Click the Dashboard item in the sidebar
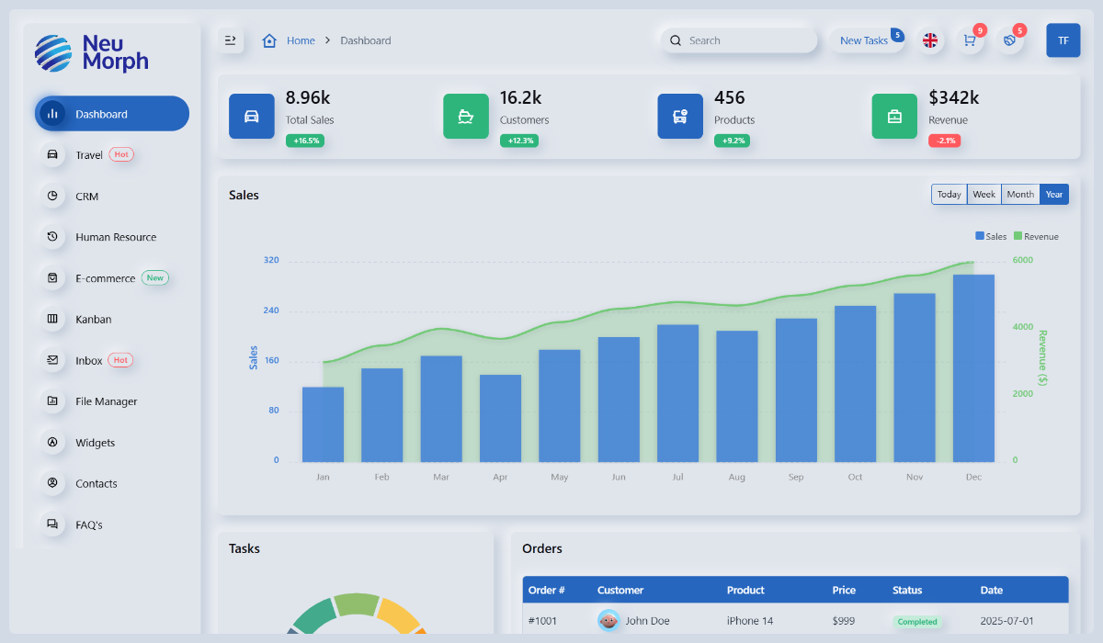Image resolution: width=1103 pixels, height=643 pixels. [x=111, y=114]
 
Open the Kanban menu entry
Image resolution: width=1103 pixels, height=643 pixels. [x=93, y=320]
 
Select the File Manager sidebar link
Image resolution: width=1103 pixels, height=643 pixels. [x=106, y=401]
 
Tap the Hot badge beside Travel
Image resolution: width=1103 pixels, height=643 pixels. [x=121, y=154]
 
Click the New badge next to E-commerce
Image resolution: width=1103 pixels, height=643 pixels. [x=154, y=277]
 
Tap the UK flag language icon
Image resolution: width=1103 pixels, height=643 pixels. [x=930, y=40]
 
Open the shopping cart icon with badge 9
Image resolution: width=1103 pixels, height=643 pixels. [x=969, y=40]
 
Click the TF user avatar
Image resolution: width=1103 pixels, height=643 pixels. [x=1063, y=40]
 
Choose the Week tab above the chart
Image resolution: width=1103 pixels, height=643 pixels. [x=984, y=195]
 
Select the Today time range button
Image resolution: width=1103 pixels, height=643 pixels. [x=949, y=195]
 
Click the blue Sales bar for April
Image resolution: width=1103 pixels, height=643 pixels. [x=500, y=418]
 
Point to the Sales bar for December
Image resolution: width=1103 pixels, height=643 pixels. [x=973, y=367]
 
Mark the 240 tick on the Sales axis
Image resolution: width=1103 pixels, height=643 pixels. [x=271, y=310]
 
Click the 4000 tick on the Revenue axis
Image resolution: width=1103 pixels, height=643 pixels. [x=1022, y=327]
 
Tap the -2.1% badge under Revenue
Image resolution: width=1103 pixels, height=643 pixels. [x=944, y=141]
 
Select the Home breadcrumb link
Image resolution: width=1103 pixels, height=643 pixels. [x=300, y=40]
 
